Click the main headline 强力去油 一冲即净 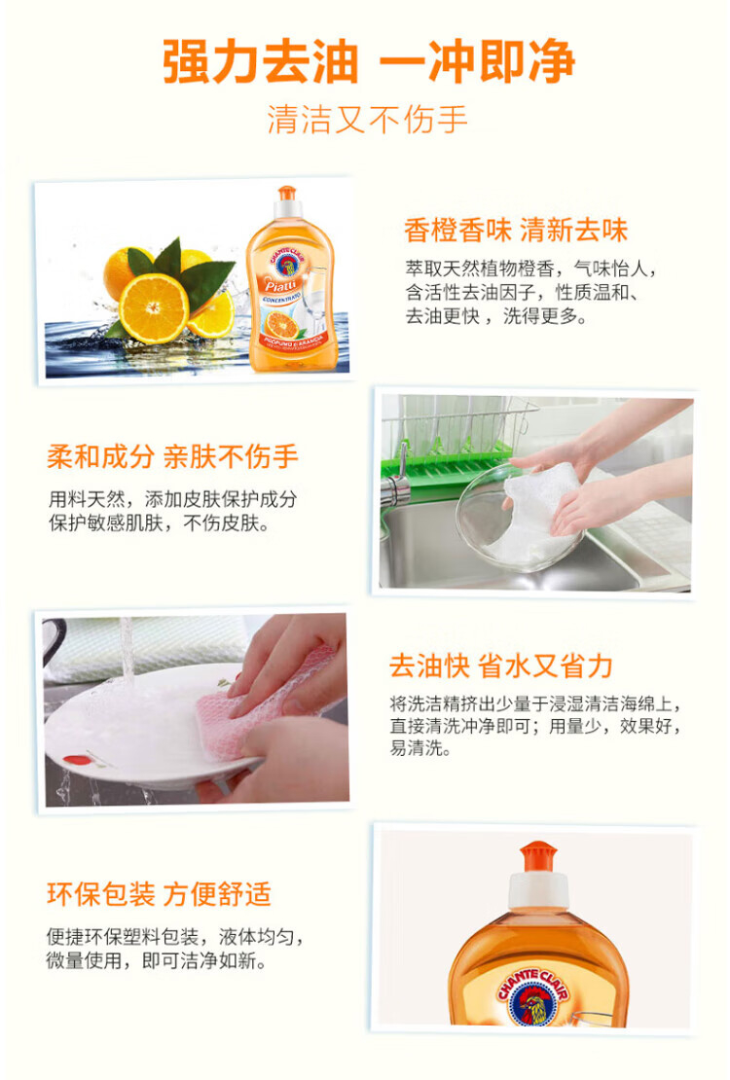[369, 62]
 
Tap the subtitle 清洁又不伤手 [367, 119]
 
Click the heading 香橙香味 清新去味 [516, 230]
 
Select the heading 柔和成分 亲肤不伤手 [172, 456]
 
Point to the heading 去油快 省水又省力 [500, 666]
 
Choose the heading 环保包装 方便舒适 [160, 894]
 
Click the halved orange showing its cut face [155, 308]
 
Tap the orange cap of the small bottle [287, 193]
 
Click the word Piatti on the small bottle [281, 285]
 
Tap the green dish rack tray [448, 460]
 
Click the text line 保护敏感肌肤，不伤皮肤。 [159, 523]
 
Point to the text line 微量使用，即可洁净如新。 [157, 961]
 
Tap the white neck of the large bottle [537, 890]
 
